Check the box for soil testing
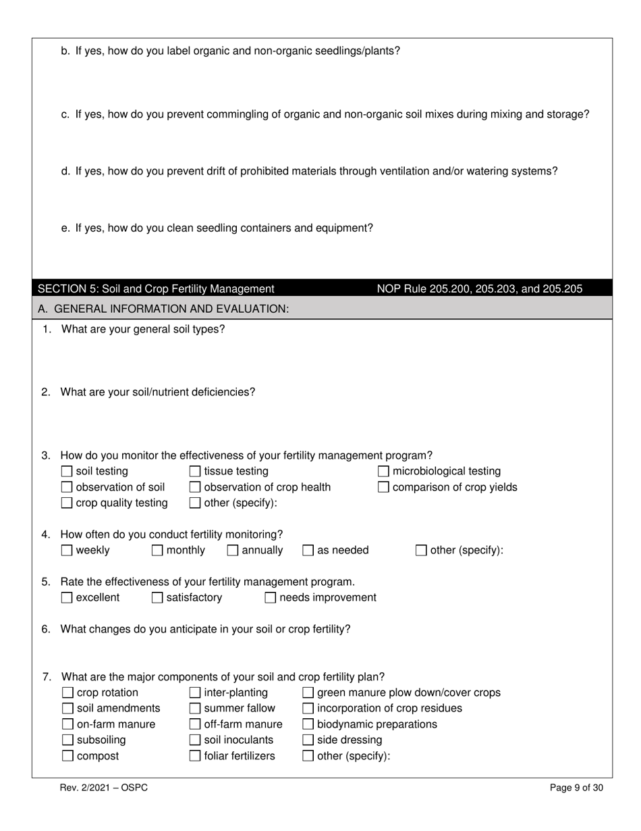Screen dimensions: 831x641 click(67, 472)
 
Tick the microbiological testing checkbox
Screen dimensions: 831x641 click(383, 472)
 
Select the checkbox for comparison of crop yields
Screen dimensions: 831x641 click(383, 487)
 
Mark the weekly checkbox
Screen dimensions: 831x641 click(67, 551)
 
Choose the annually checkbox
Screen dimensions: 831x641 click(233, 551)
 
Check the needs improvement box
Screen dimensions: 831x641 click(271, 598)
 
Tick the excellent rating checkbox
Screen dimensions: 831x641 click(67, 598)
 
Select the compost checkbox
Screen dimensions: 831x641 click(67, 756)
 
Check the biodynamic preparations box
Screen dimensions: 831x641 click(308, 725)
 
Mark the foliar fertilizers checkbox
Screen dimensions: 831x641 click(195, 756)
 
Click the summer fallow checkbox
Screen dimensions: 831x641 click(195, 709)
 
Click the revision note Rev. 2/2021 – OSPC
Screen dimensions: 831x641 click(103, 788)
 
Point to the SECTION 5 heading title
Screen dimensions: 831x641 click(156, 289)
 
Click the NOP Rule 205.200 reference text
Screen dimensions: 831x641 click(479, 289)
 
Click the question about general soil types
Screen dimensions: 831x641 click(143, 330)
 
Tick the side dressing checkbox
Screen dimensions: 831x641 click(308, 740)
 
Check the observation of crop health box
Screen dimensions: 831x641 click(195, 487)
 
